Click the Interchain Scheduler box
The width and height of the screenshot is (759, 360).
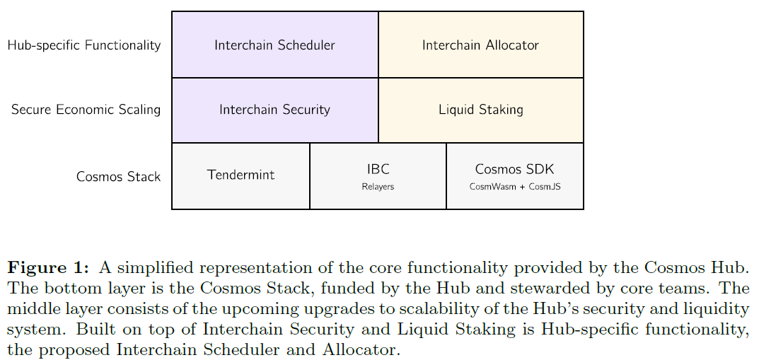tap(274, 45)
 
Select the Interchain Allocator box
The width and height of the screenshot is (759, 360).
tap(480, 45)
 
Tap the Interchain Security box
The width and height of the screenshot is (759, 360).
tap(274, 110)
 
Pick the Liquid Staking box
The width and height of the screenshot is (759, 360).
tap(480, 110)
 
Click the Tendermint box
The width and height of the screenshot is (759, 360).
tap(241, 175)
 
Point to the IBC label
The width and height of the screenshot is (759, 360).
tap(378, 170)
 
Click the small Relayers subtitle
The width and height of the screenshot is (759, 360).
tap(378, 187)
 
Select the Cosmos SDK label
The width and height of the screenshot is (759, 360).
tap(514, 170)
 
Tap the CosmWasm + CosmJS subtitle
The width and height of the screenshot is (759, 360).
tap(515, 187)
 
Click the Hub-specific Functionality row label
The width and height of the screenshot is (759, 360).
tap(84, 45)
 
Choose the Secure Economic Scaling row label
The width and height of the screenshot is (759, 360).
tap(86, 110)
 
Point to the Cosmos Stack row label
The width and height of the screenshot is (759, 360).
tap(118, 176)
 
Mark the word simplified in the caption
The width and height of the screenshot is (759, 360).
tap(146, 268)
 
